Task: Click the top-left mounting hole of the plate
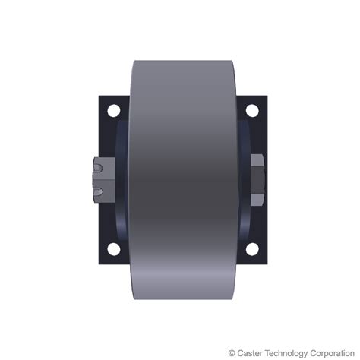coord(113,111)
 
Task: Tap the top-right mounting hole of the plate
coord(248,111)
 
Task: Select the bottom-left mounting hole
coord(113,248)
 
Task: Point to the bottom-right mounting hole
coord(248,248)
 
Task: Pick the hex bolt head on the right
coord(257,179)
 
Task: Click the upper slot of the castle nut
coord(99,165)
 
